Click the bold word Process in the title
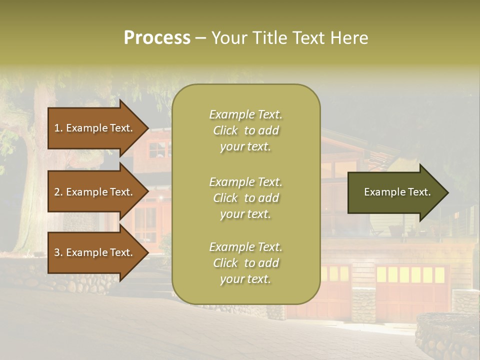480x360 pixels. [157, 38]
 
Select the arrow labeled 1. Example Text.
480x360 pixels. [95, 128]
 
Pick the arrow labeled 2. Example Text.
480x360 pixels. [95, 192]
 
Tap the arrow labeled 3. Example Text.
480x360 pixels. [95, 252]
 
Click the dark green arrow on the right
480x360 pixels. [395, 192]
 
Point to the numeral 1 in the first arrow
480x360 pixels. [57, 128]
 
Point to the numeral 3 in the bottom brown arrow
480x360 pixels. [57, 252]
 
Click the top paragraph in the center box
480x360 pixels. [245, 130]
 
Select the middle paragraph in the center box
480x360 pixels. [245, 198]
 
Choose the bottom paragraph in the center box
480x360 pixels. [245, 263]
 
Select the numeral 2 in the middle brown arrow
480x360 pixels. [57, 192]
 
